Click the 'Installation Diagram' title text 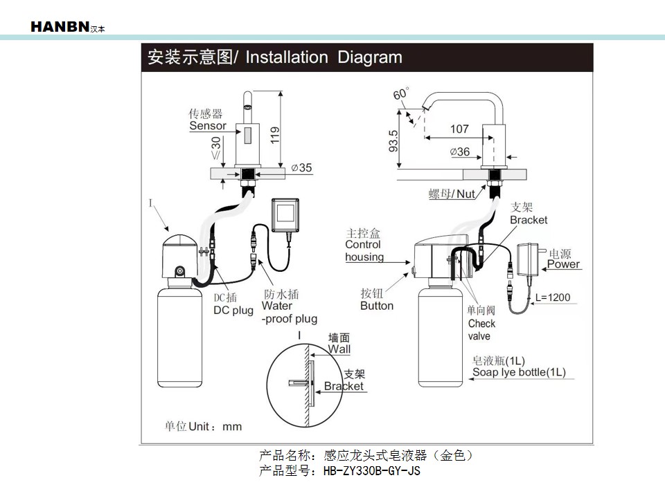coord(324,57)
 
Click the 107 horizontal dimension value coord(459,129)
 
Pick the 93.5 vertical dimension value coord(393,142)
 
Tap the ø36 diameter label coord(459,151)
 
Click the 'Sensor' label coord(208,126)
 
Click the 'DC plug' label coord(233,311)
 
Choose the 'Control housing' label coord(364,250)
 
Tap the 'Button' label coord(377,306)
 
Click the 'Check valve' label coord(481,329)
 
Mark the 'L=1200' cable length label coord(553,297)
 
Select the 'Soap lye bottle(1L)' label coord(519,373)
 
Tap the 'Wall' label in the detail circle coord(339,349)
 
